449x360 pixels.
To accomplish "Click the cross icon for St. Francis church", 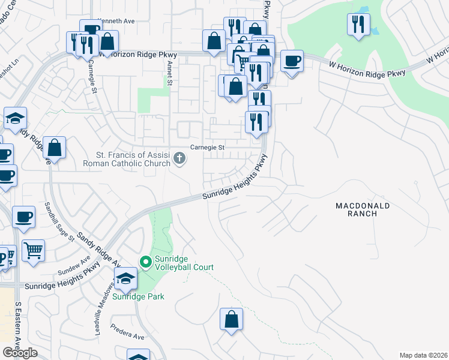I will pos(179,158).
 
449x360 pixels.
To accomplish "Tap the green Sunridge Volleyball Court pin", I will pos(145,262).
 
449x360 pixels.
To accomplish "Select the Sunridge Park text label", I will pos(138,296).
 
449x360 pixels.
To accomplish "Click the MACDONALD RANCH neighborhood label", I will pos(363,209).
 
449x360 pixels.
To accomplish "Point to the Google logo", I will pos(20,353).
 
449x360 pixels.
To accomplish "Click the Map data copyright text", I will pos(424,355).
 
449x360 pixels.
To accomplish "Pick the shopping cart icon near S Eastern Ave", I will pos(34,250).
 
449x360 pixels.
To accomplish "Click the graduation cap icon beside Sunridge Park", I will pos(125,278).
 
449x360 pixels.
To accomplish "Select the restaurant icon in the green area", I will pos(358,23).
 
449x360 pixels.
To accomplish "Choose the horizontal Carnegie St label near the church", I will pos(207,147).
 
